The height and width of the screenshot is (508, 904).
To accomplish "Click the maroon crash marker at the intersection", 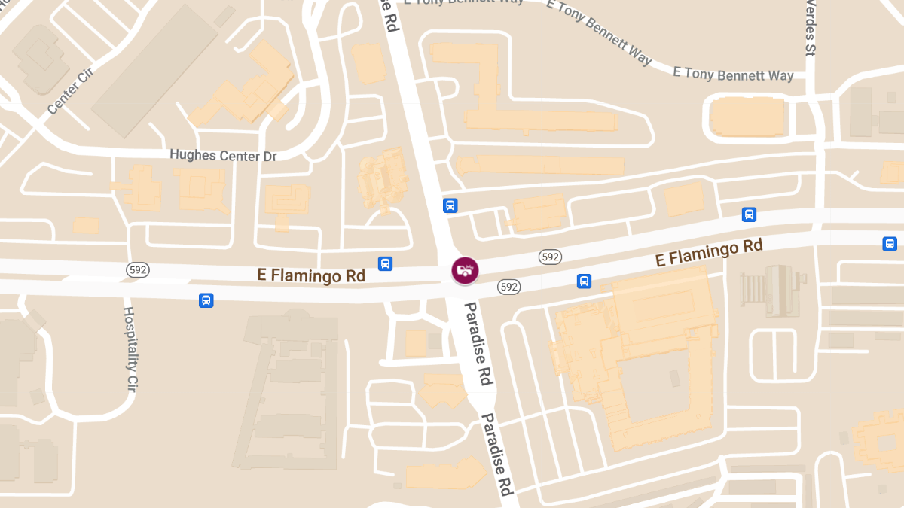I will (x=464, y=270).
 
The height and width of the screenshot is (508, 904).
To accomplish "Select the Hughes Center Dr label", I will (x=223, y=156).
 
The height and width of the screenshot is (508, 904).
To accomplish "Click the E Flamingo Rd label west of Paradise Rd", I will (x=311, y=275).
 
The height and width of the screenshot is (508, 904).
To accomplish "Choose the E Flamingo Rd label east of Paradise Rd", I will (x=709, y=253).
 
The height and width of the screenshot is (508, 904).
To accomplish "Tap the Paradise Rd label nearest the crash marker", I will (x=478, y=342).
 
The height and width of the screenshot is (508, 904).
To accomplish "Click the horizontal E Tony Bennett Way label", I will (x=733, y=75).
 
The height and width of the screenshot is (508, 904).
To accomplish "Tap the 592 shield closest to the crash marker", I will (x=509, y=287).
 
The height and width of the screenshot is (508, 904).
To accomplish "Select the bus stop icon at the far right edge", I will (x=890, y=244).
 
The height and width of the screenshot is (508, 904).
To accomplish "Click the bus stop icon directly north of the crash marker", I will (x=450, y=205).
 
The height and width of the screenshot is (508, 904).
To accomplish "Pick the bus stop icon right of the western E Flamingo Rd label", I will (x=385, y=263).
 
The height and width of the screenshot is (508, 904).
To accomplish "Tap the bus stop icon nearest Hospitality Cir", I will (x=206, y=300).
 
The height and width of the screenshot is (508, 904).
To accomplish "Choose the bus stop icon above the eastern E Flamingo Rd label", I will (x=749, y=214).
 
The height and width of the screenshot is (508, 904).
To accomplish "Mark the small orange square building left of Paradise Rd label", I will (x=416, y=343).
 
